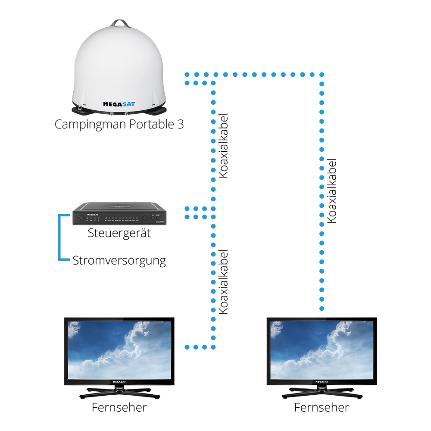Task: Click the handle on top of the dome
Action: (119, 22)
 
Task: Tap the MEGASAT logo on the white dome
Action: (117, 103)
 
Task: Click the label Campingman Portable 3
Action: (119, 125)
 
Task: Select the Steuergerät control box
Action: (119, 214)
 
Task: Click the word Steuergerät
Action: (119, 234)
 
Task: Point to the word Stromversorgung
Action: (119, 260)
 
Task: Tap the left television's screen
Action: (119, 350)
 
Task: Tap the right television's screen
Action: (322, 350)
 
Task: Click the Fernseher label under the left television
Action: (119, 407)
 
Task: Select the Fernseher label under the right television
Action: (322, 407)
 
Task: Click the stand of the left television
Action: (119, 392)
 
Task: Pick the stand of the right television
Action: (322, 392)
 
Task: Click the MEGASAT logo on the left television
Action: (119, 382)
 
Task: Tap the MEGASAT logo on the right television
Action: (322, 382)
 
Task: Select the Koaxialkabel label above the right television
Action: (332, 191)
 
